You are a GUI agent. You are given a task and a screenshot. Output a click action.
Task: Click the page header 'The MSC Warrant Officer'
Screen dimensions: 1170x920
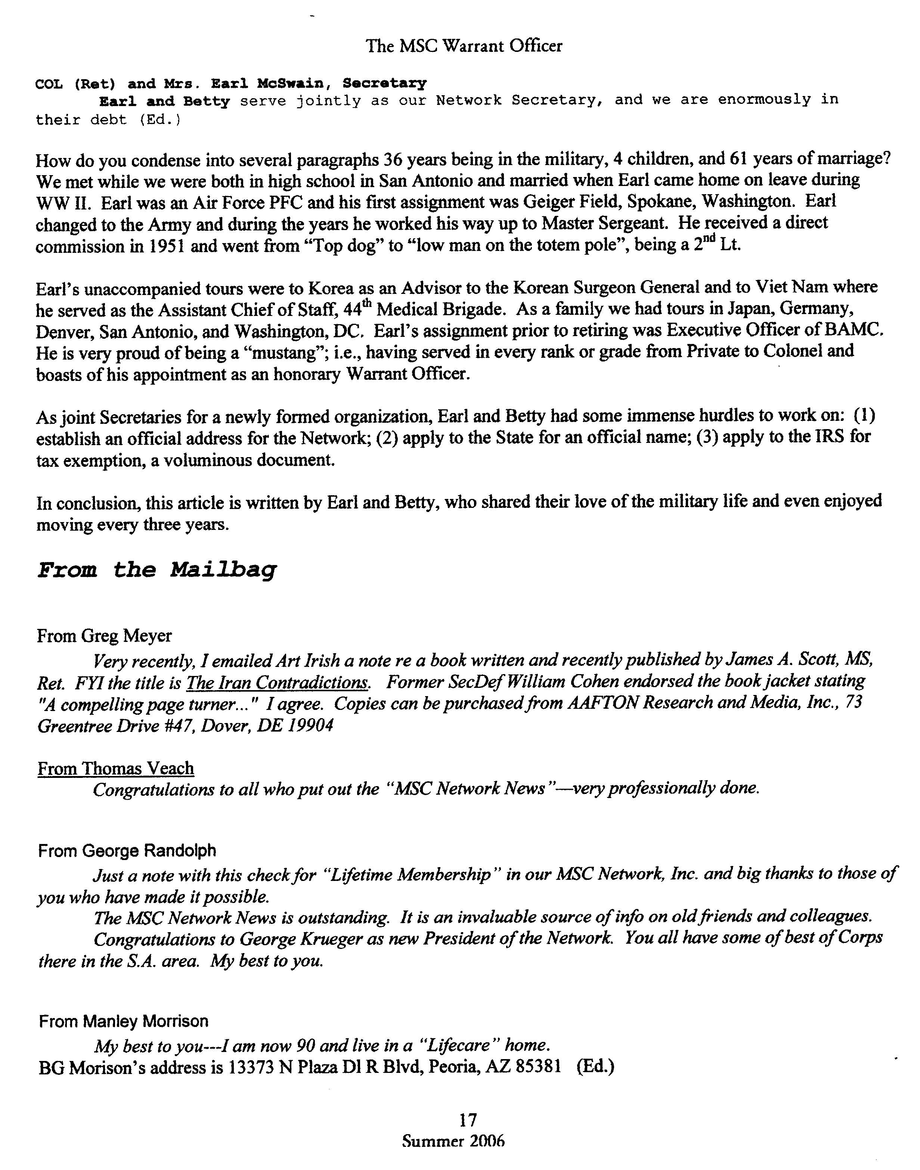[464, 46]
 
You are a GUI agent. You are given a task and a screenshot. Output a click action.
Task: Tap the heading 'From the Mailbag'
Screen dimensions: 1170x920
[157, 570]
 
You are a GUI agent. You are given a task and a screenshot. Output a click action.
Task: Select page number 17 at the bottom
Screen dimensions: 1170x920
[468, 1120]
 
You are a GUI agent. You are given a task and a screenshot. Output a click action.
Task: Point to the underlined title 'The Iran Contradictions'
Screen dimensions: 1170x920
[278, 683]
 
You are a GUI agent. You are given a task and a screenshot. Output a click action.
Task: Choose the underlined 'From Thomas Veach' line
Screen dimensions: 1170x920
[116, 768]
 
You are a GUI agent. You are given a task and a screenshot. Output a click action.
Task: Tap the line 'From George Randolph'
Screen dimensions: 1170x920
[127, 851]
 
